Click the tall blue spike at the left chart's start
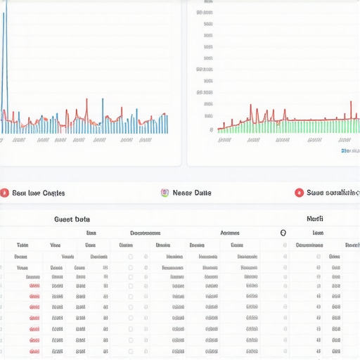(x=4, y=42)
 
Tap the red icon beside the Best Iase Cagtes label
(x=4, y=193)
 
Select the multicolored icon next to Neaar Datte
(x=165, y=193)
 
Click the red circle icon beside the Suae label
(x=299, y=193)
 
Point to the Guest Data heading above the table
(x=72, y=219)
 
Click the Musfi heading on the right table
(x=315, y=219)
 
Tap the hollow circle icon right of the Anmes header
(x=283, y=233)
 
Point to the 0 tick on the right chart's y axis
(x=211, y=129)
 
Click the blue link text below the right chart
(x=349, y=150)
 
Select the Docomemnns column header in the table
(x=145, y=233)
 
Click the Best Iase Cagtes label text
(x=39, y=193)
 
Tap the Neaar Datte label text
(x=192, y=193)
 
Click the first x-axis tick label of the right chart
(x=225, y=140)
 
